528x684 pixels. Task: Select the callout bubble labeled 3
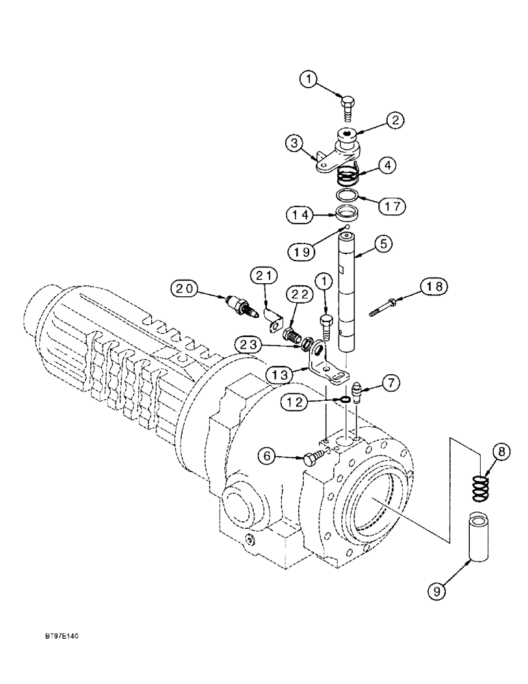[295, 144]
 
